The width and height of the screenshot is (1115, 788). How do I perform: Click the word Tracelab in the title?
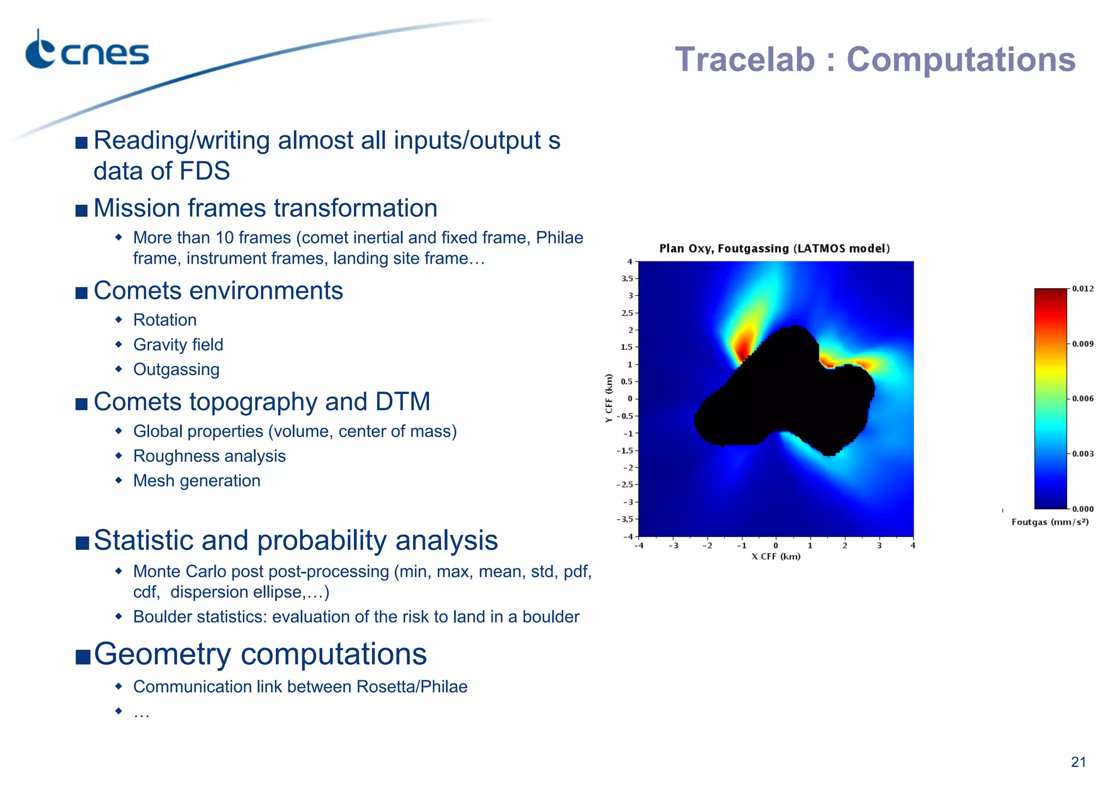pyautogui.click(x=745, y=59)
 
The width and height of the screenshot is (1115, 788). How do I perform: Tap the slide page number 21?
pyautogui.click(x=1078, y=762)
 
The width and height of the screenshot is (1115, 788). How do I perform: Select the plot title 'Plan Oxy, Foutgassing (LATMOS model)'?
pyautogui.click(x=774, y=249)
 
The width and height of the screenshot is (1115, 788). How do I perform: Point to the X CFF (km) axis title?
pyautogui.click(x=776, y=557)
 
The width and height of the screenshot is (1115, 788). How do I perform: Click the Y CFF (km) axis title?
pyautogui.click(x=609, y=398)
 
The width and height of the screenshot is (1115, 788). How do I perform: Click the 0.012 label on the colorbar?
pyautogui.click(x=1082, y=289)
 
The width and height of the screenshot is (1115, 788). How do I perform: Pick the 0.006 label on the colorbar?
pyautogui.click(x=1082, y=399)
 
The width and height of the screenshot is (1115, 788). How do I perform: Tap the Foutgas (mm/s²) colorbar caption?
pyautogui.click(x=1050, y=522)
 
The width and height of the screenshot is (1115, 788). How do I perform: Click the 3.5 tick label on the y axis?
pyautogui.click(x=627, y=278)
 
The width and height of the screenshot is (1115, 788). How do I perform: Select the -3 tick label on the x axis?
pyautogui.click(x=673, y=546)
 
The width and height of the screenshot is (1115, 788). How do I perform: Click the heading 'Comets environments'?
pyautogui.click(x=218, y=291)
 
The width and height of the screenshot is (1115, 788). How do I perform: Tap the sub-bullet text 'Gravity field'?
pyautogui.click(x=178, y=345)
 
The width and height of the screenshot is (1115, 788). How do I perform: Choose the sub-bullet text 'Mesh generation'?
pyautogui.click(x=197, y=481)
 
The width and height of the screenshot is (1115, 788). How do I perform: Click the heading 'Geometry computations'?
pyautogui.click(x=260, y=653)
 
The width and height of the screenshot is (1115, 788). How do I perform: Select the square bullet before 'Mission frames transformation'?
pyautogui.click(x=82, y=210)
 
